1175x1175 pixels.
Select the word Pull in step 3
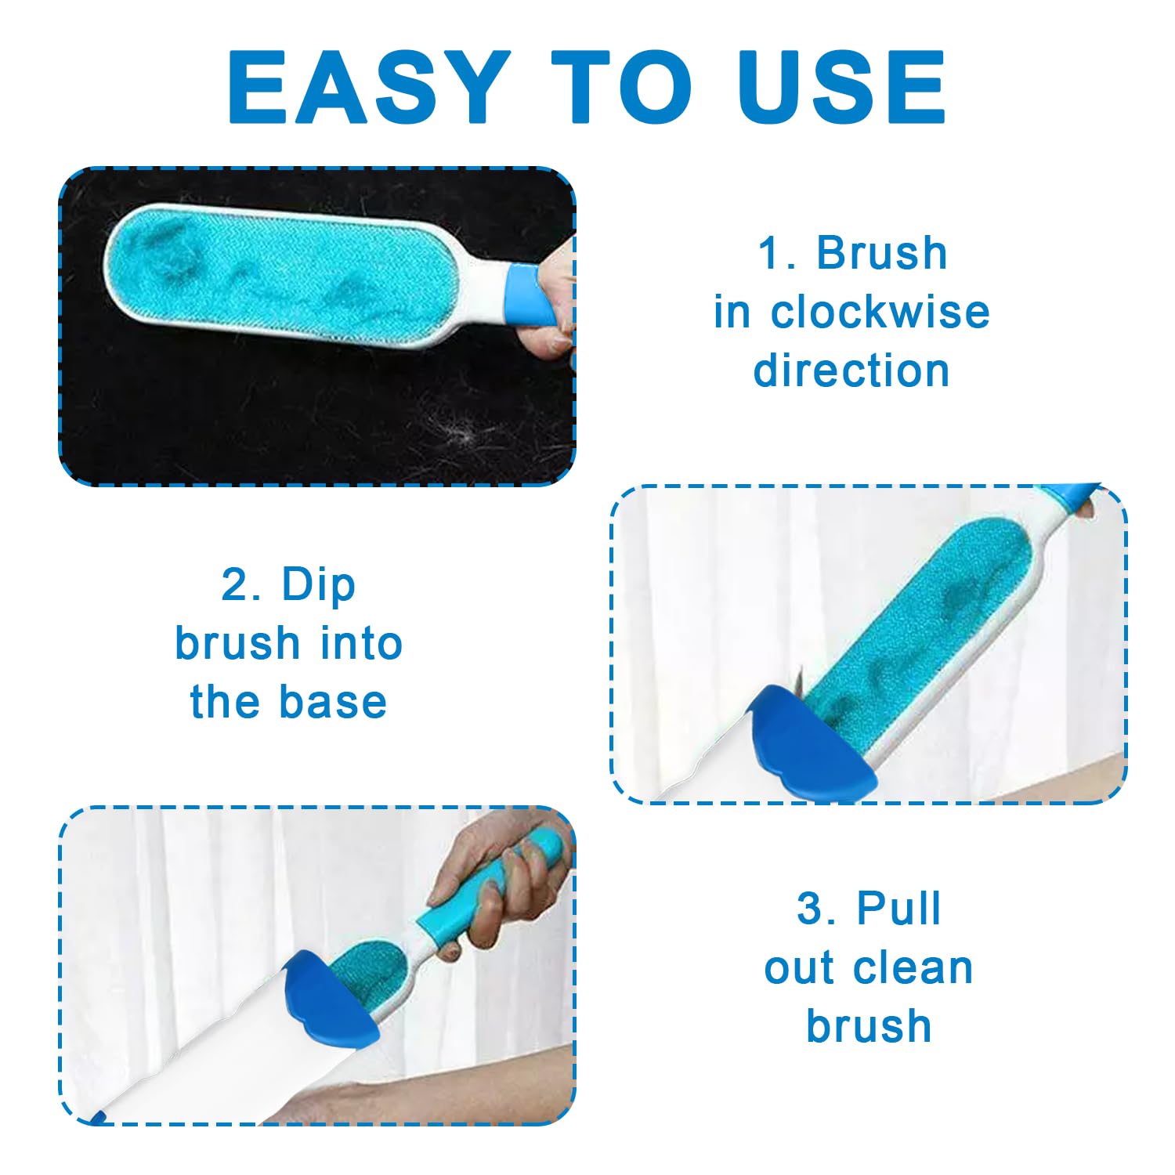point(898,909)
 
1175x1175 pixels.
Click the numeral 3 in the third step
point(811,909)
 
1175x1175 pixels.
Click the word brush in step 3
point(869,1025)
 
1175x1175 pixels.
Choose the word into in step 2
point(361,643)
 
